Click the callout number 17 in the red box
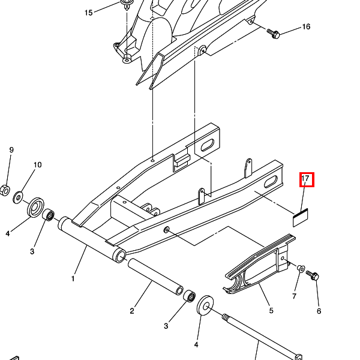pos(305,178)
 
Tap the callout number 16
pos(306,26)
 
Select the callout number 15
pos(89,13)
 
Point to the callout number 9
pos(11,150)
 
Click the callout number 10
pos(38,165)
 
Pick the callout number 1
pos(73,279)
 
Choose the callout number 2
pos(132,311)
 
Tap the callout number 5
pos(271,311)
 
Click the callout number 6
pos(319,311)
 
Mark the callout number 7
pos(295,296)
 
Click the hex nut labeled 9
pos(5,190)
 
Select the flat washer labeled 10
pos(17,197)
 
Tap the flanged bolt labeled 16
pos(273,34)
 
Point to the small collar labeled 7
pos(301,268)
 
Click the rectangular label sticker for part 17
pos(301,218)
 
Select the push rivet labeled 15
pos(125,5)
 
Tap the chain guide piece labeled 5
pos(259,263)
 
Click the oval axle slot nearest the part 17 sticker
pos(271,181)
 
